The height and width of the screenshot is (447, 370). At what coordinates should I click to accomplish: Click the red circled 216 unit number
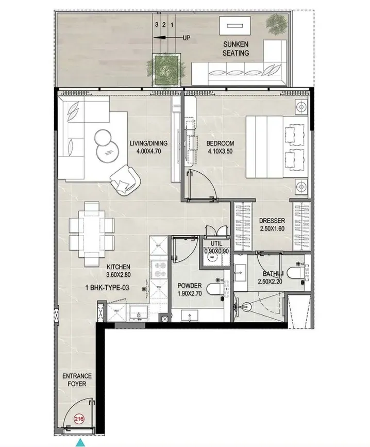coord(79,419)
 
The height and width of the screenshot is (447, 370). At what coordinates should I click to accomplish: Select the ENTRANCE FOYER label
coord(77,380)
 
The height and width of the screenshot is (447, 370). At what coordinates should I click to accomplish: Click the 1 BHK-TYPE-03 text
coord(107,288)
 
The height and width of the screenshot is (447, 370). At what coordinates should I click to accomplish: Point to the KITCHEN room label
coord(119,267)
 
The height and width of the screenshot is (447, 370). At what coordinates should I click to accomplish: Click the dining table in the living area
coord(92,234)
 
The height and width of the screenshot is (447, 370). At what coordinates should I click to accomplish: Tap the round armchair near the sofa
coord(125,179)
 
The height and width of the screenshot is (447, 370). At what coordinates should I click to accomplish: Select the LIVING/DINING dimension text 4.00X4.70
coord(149,152)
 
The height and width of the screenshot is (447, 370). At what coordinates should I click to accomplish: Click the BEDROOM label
coord(220,143)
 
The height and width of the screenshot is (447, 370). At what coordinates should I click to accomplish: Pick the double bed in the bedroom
coord(277,147)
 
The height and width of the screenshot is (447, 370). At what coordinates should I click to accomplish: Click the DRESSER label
coord(272,221)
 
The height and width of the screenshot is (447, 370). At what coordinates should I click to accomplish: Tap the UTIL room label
coord(216,243)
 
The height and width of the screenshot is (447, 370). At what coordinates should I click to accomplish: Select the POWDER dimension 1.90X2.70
coord(190,293)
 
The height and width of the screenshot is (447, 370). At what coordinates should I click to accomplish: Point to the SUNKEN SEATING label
coord(236,48)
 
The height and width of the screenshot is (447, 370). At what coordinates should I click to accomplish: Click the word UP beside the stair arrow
coord(186,38)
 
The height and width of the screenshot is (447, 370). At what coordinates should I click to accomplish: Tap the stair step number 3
coord(157,25)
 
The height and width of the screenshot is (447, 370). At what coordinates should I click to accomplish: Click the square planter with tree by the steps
coord(166,69)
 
